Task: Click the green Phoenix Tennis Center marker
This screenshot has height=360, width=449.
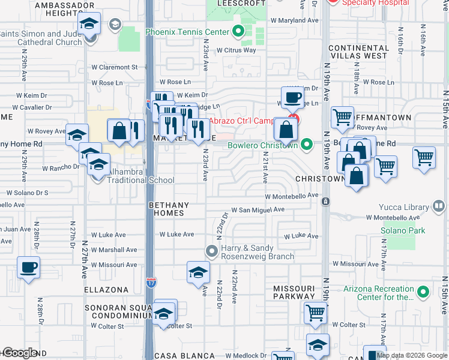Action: (x=238, y=32)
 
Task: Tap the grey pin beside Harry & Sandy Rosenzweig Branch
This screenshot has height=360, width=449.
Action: (x=211, y=250)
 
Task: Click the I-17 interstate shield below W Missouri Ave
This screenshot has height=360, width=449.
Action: (x=149, y=281)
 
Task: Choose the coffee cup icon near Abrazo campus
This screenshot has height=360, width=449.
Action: (x=292, y=97)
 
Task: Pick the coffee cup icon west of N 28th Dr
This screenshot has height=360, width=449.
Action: (x=28, y=267)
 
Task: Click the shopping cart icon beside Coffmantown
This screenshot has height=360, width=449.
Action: (x=342, y=117)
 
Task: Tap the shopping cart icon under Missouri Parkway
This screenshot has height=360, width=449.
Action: (x=315, y=312)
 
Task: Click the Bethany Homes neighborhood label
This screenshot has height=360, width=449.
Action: (x=169, y=209)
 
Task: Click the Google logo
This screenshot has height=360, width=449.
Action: (x=19, y=353)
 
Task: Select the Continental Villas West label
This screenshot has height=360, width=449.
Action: (x=358, y=52)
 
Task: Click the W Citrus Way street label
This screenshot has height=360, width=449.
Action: (x=236, y=50)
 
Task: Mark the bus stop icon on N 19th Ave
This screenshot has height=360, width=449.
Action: (x=325, y=201)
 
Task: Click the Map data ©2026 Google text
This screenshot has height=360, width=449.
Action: (x=411, y=355)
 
